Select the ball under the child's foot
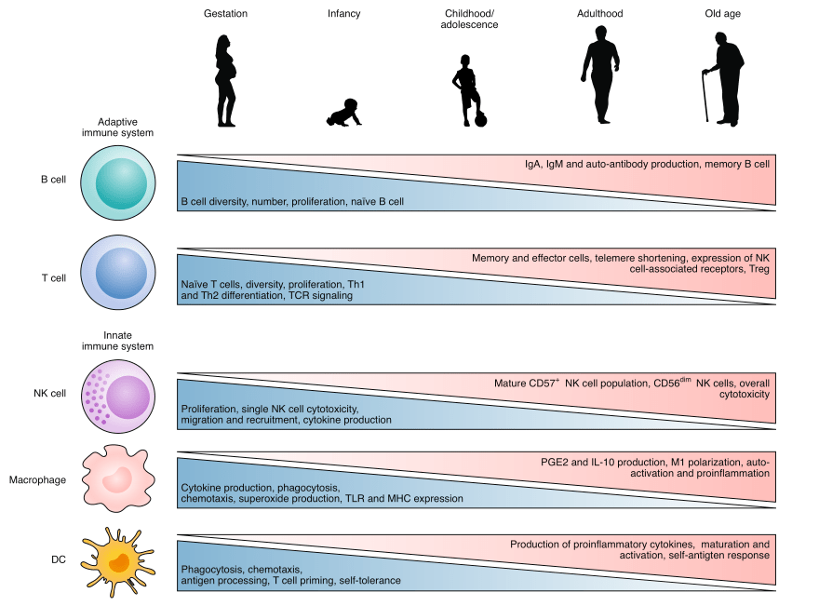[x=480, y=118]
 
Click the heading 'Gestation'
[x=226, y=14]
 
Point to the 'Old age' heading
[x=723, y=14]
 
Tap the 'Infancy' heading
[x=344, y=14]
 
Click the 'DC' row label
[x=58, y=559]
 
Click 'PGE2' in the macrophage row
[x=556, y=461]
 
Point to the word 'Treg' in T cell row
[x=759, y=269]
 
